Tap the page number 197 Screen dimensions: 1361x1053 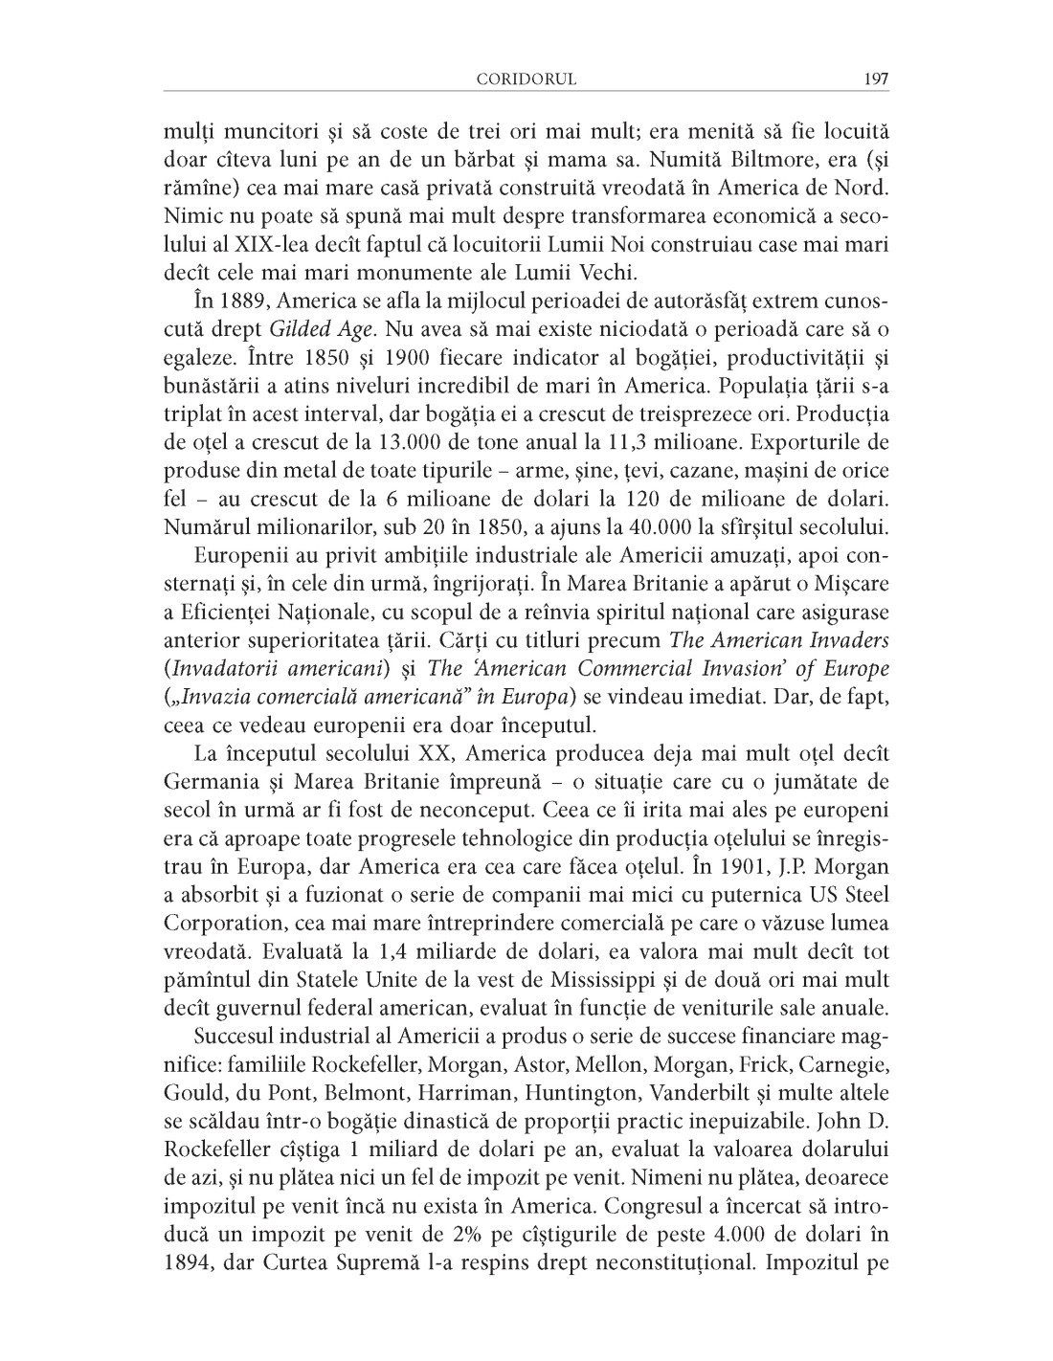[x=876, y=79]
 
